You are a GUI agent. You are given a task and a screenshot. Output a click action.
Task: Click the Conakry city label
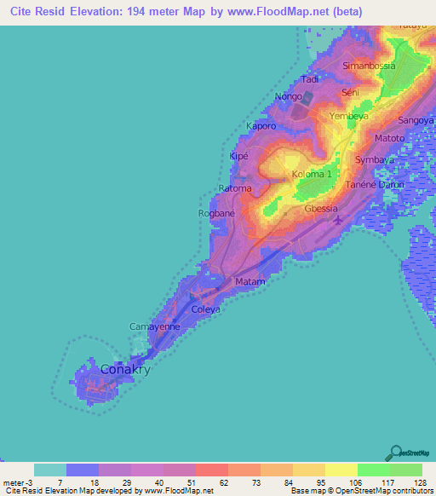click(x=125, y=370)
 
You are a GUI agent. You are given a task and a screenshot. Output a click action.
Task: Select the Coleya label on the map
click(x=206, y=309)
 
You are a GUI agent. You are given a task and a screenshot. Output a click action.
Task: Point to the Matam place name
click(x=250, y=281)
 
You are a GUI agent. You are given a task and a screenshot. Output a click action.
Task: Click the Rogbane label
click(x=216, y=213)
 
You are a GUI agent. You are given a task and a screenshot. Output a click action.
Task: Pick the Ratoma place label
click(x=235, y=188)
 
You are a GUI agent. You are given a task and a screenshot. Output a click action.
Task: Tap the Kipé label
click(x=239, y=158)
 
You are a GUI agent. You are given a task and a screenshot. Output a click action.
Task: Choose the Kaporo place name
click(x=261, y=126)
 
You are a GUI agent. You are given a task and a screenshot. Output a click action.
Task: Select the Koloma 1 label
click(x=312, y=174)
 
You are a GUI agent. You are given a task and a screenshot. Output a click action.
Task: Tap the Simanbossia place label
click(x=370, y=66)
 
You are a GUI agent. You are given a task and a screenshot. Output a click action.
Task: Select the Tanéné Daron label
click(x=375, y=184)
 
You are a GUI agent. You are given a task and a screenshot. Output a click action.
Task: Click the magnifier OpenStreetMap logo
click(x=396, y=453)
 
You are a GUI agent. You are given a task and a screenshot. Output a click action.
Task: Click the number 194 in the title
click(x=183, y=11)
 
